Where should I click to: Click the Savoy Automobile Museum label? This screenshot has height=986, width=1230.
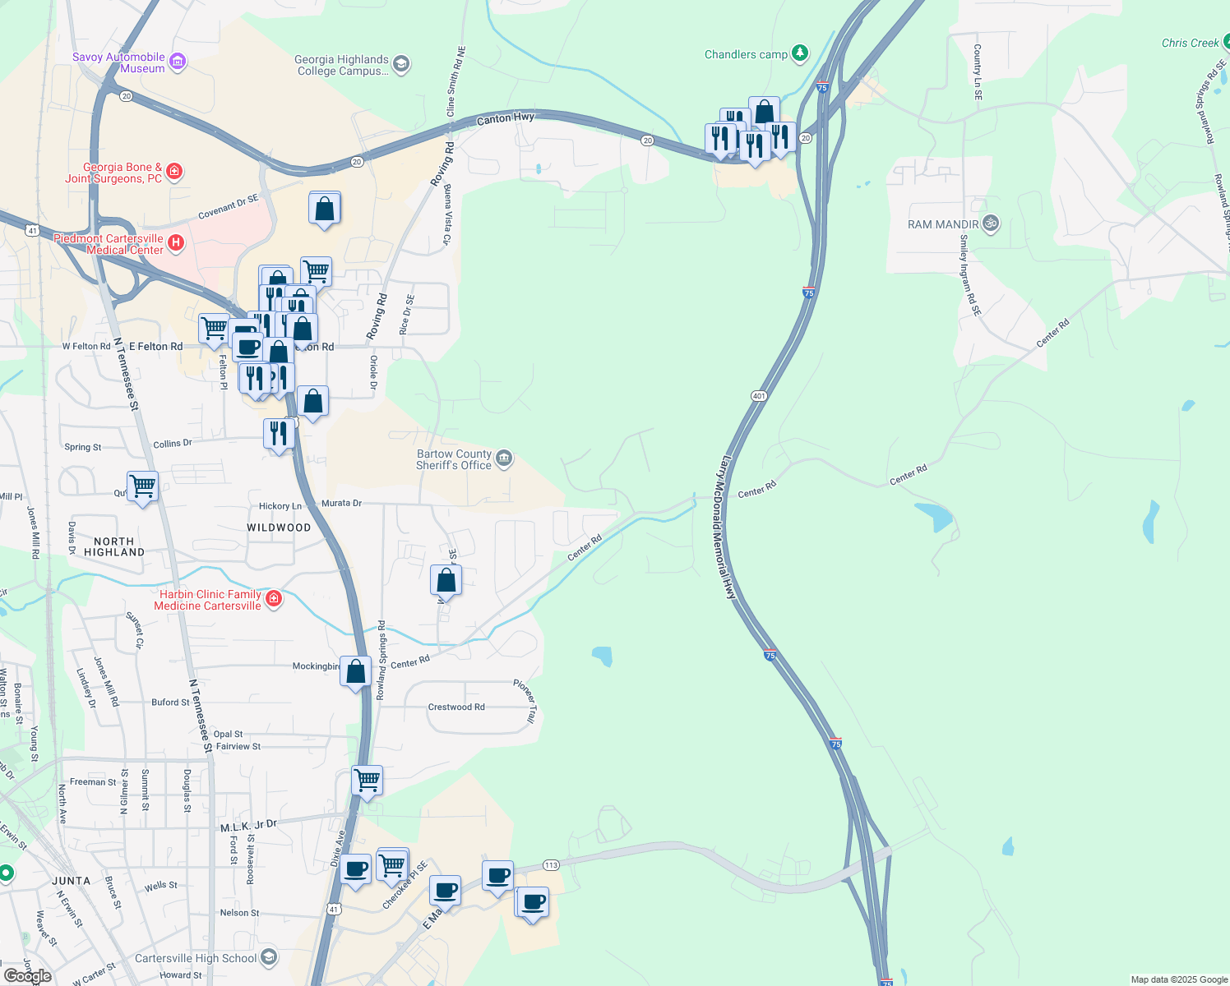118,62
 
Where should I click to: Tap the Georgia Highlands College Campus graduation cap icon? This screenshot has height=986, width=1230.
401,64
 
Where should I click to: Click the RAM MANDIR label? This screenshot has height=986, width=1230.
943,224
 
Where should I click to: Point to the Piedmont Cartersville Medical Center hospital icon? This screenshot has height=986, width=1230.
175,242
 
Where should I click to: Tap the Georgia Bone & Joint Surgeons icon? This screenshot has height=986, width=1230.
173,171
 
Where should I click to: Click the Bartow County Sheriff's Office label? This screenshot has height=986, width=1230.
454,459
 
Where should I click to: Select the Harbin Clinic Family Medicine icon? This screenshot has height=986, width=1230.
274,599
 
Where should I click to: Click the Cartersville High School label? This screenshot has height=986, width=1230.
196,958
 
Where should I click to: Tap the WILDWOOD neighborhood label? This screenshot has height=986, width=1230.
279,528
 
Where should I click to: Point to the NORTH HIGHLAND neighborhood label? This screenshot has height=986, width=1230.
114,546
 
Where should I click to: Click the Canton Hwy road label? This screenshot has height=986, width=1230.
506,119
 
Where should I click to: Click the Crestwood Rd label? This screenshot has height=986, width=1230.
456,707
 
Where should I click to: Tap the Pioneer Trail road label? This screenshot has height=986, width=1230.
525,701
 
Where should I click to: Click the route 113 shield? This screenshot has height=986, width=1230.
551,865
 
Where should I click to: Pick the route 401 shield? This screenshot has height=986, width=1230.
758,396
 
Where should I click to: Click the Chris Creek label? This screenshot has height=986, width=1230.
1190,43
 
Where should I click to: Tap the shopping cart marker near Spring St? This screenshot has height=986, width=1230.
142,486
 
